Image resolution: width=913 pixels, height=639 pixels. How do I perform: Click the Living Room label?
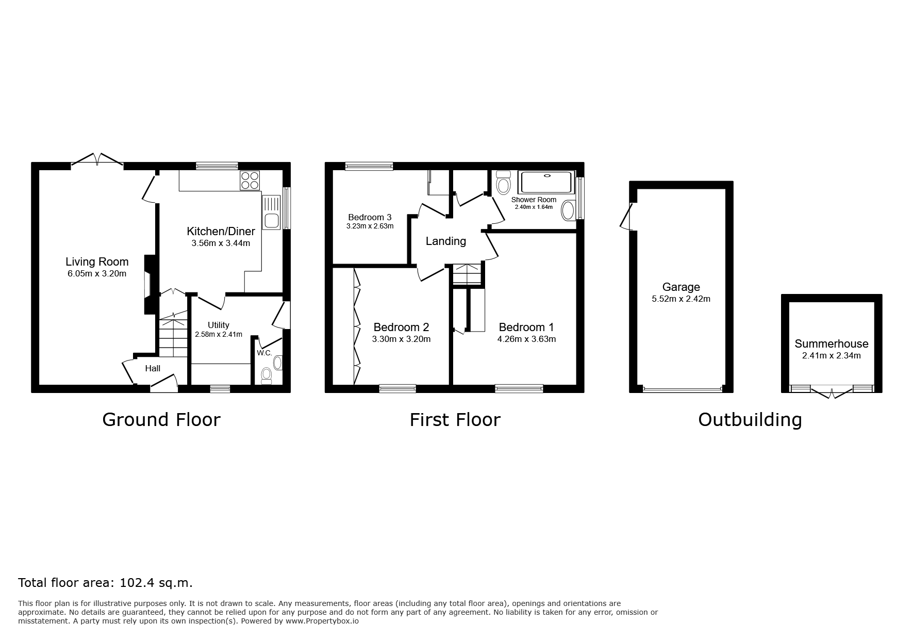pyautogui.click(x=97, y=262)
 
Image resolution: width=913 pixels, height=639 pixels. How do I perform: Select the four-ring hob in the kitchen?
pyautogui.click(x=250, y=181)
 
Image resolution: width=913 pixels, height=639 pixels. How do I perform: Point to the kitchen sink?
pyautogui.click(x=271, y=212)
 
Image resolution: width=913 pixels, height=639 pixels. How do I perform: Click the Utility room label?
pyautogui.click(x=219, y=325)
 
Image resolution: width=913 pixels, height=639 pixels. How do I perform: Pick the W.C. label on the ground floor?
pyautogui.click(x=264, y=353)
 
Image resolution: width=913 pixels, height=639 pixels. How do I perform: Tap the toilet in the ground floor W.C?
pyautogui.click(x=267, y=375)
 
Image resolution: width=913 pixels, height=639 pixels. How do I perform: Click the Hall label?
pyautogui.click(x=153, y=368)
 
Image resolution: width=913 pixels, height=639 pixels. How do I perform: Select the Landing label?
pyautogui.click(x=446, y=241)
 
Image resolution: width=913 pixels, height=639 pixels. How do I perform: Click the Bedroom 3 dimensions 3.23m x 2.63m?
pyautogui.click(x=370, y=226)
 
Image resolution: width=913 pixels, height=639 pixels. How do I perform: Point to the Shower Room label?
pyautogui.click(x=534, y=200)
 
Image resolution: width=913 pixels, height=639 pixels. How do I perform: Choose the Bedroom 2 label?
pyautogui.click(x=401, y=327)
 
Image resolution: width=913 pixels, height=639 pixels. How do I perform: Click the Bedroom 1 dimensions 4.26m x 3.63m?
pyautogui.click(x=526, y=339)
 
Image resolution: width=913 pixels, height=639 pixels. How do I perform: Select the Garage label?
pyautogui.click(x=681, y=287)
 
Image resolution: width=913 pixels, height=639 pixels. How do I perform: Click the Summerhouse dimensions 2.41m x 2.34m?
pyautogui.click(x=832, y=355)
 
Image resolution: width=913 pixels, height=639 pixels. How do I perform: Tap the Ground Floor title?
pyautogui.click(x=161, y=419)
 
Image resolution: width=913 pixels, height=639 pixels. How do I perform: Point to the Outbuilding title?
pyautogui.click(x=750, y=420)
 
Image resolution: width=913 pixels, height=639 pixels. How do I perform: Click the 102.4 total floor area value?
pyautogui.click(x=137, y=583)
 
